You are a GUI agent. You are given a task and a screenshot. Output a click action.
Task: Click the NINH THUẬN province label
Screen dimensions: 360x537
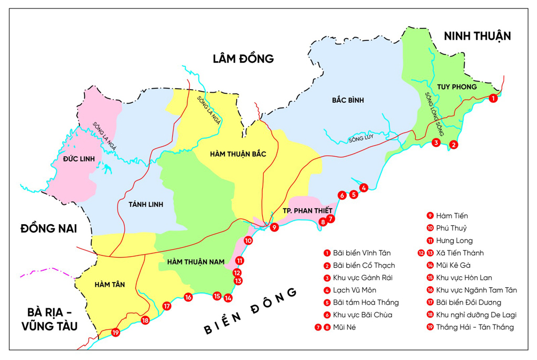point(477,36)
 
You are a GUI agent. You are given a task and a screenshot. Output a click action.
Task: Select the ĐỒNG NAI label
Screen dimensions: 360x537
point(48,228)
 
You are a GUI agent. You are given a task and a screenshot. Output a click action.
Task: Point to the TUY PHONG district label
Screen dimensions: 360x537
point(456,86)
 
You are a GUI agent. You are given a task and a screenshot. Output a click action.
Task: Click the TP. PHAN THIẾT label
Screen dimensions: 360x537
point(304,210)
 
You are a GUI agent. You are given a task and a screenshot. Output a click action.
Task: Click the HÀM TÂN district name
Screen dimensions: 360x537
point(110,284)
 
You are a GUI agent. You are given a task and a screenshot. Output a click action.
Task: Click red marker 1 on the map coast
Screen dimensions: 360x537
point(493,98)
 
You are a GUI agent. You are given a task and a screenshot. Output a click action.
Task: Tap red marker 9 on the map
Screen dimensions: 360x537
point(274,227)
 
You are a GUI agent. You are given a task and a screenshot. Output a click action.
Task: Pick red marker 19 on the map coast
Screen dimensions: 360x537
point(115,332)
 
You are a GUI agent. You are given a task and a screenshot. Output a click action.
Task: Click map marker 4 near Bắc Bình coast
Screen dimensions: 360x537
point(363,187)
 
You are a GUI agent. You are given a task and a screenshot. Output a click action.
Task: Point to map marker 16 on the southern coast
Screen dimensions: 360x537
point(188,298)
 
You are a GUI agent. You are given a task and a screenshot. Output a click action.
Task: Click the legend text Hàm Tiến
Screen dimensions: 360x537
point(452,215)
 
